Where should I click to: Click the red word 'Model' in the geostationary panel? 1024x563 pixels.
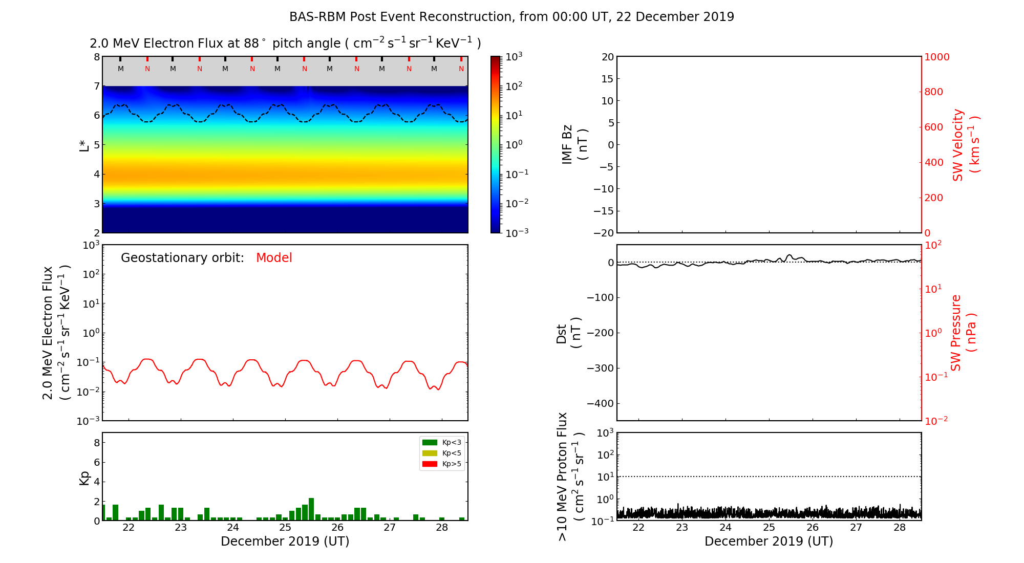click(x=274, y=258)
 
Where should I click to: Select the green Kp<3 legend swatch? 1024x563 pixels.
click(x=430, y=442)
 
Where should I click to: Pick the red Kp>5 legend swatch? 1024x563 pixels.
click(x=430, y=464)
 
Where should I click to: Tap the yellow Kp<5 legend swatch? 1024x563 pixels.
click(x=430, y=453)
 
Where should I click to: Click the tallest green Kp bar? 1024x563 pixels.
click(x=311, y=509)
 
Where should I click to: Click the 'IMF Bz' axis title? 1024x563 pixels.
click(x=567, y=144)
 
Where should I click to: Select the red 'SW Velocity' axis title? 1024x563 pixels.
click(x=958, y=144)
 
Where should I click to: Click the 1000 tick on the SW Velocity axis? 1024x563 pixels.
click(x=936, y=57)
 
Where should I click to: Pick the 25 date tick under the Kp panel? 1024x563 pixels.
click(x=285, y=528)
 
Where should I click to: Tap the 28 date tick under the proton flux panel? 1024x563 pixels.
click(x=900, y=528)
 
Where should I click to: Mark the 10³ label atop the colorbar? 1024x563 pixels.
click(x=514, y=57)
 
